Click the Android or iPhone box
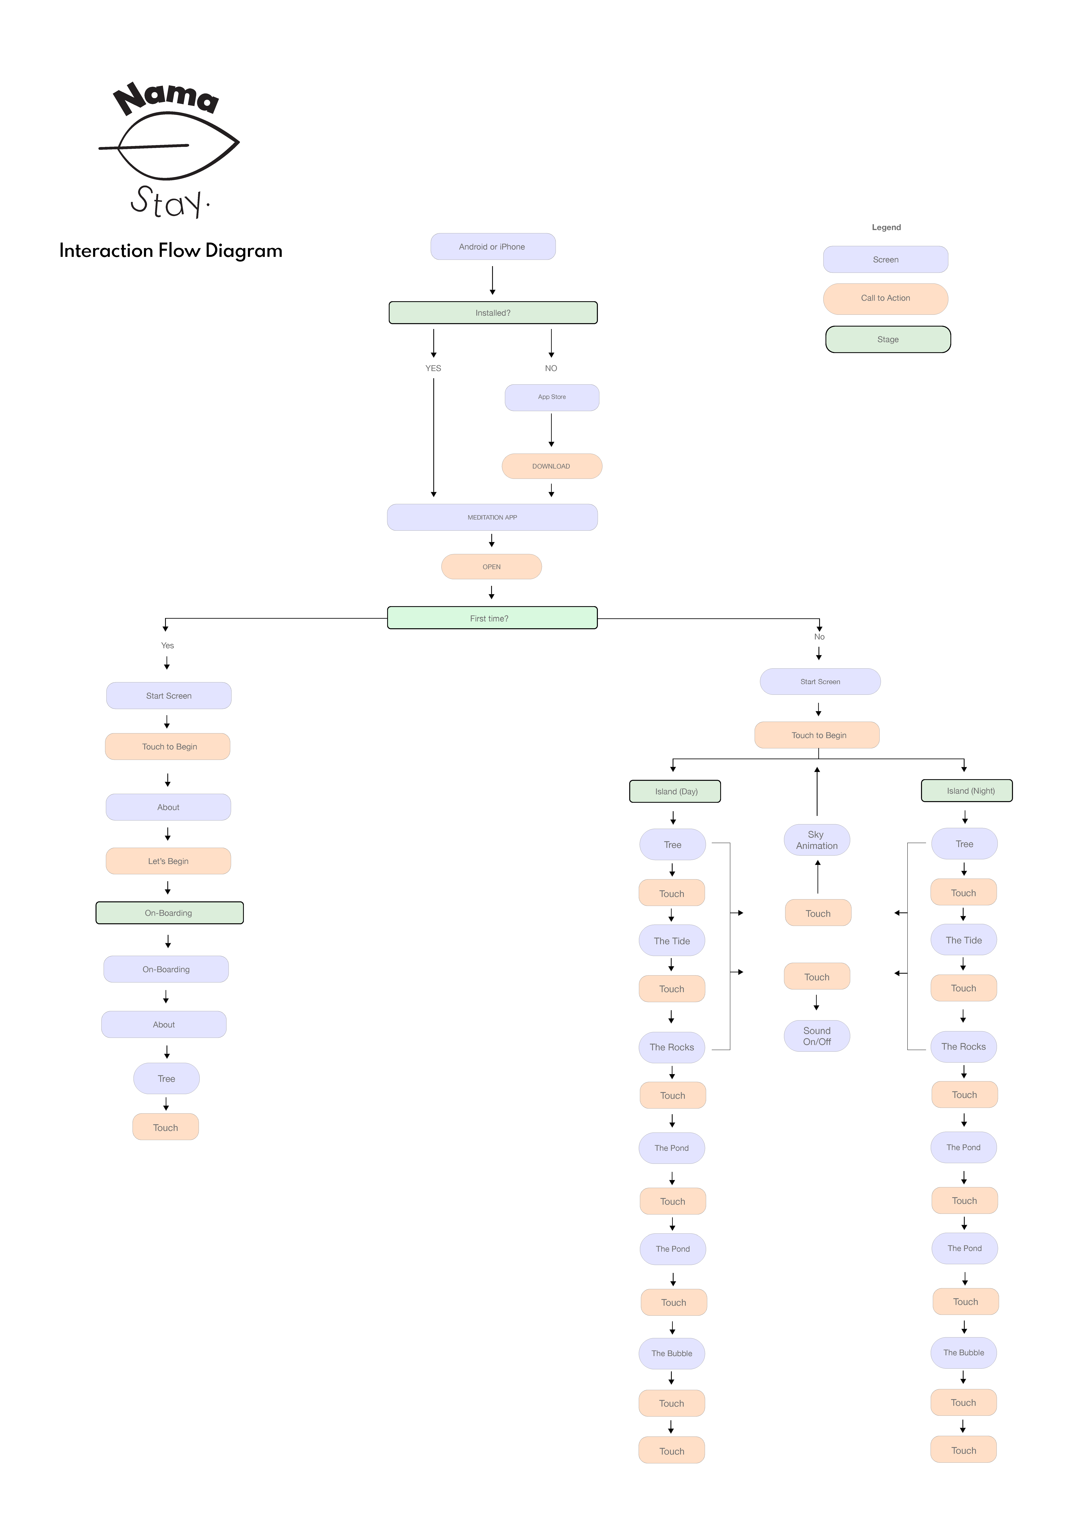click(x=493, y=246)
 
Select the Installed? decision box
click(x=493, y=313)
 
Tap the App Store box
click(x=552, y=398)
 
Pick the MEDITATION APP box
click(x=492, y=517)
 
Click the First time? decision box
click(x=492, y=618)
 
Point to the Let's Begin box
click(x=168, y=861)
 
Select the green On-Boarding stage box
click(x=170, y=913)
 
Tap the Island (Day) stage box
click(x=675, y=792)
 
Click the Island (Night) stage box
click(x=967, y=791)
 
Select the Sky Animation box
click(x=817, y=840)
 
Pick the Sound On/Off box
click(x=817, y=1036)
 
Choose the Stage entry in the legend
click(x=889, y=339)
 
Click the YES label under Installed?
click(x=433, y=368)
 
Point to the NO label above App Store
click(x=551, y=368)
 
